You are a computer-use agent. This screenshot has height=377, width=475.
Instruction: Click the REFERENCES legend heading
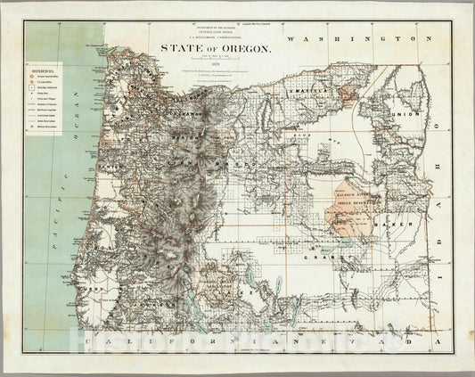pyautogui.click(x=43, y=79)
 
